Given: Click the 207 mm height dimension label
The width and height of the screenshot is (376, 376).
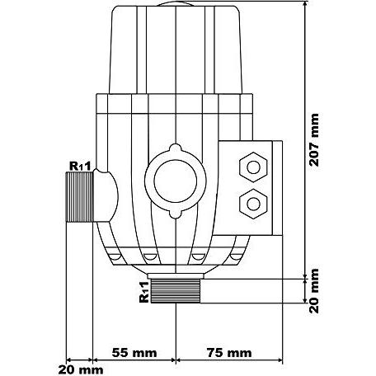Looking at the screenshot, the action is pos(314,140).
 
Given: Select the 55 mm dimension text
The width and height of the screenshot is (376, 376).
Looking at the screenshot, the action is pos(134,353).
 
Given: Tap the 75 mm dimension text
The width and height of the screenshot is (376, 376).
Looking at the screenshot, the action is pos(229,353).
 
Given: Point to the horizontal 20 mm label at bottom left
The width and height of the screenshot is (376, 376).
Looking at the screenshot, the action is pos(81,370).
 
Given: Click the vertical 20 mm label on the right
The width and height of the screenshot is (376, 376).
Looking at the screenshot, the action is pos(314,291).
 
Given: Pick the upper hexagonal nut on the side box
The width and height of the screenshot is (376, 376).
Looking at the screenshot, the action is pos(253,167).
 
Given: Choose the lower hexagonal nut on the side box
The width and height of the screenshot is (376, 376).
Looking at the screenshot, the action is pos(253,204).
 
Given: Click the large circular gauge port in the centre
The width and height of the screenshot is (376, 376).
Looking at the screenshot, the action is pos(176,181).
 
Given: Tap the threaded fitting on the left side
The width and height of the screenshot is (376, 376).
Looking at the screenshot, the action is pos(80,197).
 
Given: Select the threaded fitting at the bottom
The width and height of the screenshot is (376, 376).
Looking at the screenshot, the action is pos(176,291).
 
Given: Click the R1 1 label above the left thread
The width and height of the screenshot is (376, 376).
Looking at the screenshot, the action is pos(80,166).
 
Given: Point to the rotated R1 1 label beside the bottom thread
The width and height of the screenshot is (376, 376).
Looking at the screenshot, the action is pos(144,292).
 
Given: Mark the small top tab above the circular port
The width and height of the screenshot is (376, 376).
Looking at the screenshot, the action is pos(176,148).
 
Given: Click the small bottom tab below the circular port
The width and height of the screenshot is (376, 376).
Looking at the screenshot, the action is pos(176,214).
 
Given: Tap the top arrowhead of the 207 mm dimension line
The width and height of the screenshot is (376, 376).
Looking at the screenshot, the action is pos(304,5).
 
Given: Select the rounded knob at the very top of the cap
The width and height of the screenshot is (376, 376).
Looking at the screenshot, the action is pos(176,3).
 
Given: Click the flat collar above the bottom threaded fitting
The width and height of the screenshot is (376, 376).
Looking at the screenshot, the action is pos(176,275).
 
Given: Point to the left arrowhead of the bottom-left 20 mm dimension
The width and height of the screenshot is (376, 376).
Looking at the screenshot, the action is pos(69,360).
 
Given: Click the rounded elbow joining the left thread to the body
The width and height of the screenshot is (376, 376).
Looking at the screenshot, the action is pos(106,196).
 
